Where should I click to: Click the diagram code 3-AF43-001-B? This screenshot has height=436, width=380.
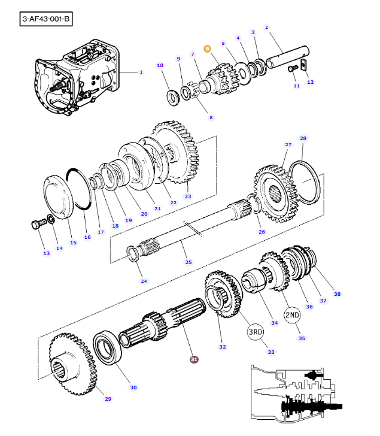click(45, 19)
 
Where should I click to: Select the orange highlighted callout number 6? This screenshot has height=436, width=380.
click(207, 49)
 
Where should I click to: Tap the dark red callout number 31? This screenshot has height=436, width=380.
click(193, 359)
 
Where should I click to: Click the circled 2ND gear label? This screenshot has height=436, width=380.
click(292, 315)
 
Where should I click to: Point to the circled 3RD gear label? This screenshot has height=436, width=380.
click(256, 331)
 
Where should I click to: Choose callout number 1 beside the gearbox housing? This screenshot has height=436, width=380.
click(141, 72)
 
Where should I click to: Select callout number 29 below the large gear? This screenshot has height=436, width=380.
click(108, 399)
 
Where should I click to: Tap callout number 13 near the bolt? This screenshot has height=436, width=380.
click(46, 253)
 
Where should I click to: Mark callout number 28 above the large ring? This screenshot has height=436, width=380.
click(303, 138)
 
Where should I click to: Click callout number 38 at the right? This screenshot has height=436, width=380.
click(337, 294)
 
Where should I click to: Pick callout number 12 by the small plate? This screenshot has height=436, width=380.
click(310, 82)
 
